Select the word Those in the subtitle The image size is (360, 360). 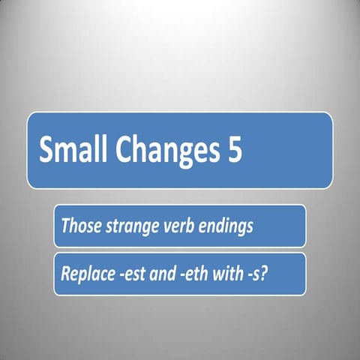[x=78, y=225]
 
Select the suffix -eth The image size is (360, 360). [x=190, y=274]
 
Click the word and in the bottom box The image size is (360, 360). [x=158, y=274]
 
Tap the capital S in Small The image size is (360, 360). [x=46, y=150]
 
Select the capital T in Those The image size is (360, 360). [x=65, y=225]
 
